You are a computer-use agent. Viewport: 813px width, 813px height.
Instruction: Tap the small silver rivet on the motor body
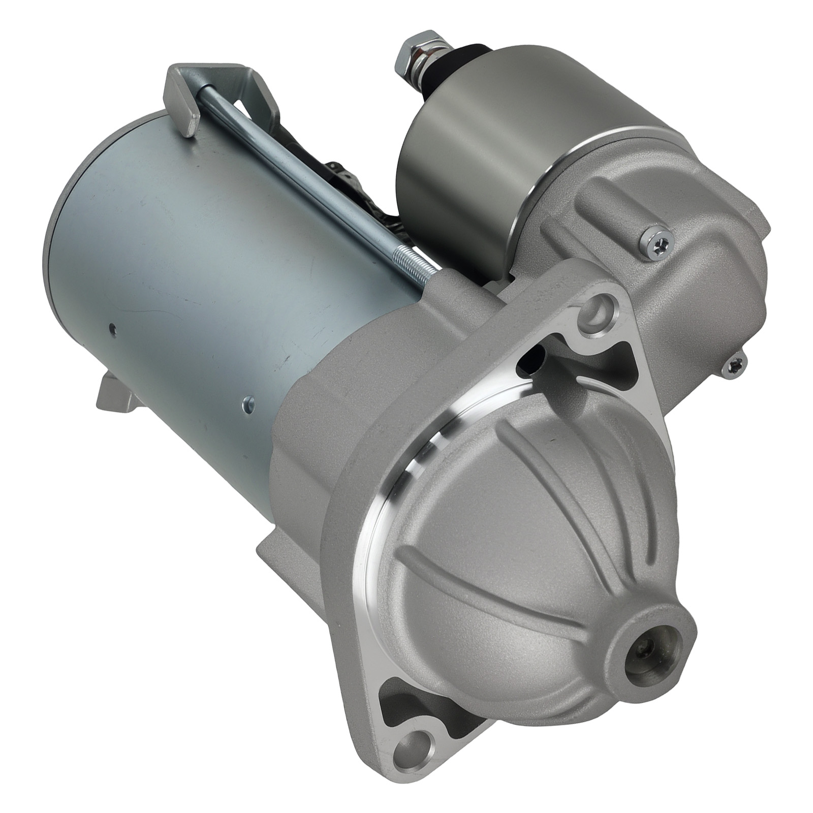[x=246, y=401]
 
